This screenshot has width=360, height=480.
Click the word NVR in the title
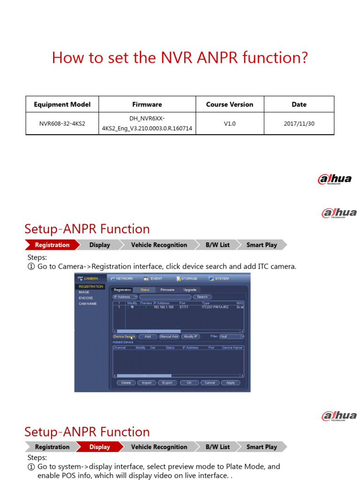pyautogui.click(x=175, y=58)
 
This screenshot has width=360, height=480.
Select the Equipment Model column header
pyautogui.click(x=62, y=105)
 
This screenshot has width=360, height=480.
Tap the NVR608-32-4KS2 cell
pyautogui.click(x=62, y=124)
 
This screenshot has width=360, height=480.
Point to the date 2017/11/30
pyautogui.click(x=299, y=124)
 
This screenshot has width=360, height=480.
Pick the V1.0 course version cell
pyautogui.click(x=230, y=124)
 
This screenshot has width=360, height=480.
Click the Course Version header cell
pyautogui.click(x=230, y=105)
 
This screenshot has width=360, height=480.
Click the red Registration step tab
pyautogui.click(x=52, y=245)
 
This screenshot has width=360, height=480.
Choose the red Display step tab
pyautogui.click(x=99, y=447)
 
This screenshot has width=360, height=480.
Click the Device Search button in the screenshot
pyautogui.click(x=124, y=337)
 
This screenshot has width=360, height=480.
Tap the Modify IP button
pyautogui.click(x=190, y=337)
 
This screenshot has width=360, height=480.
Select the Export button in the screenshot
pyautogui.click(x=167, y=382)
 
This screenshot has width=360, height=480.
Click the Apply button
pyautogui.click(x=231, y=382)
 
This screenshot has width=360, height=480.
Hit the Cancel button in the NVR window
pyautogui.click(x=210, y=382)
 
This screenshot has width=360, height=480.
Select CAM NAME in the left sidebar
pyautogui.click(x=88, y=304)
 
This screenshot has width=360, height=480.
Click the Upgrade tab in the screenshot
pyautogui.click(x=190, y=290)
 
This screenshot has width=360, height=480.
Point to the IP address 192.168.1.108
pyautogui.click(x=164, y=307)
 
